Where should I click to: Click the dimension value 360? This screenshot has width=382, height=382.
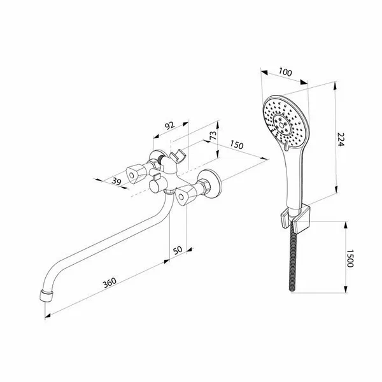click(x=110, y=283)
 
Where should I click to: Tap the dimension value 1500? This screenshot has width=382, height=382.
click(x=350, y=258)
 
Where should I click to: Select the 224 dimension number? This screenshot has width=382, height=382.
click(x=341, y=139)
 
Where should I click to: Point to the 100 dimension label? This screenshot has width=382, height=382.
click(x=285, y=72)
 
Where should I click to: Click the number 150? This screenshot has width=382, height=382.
click(x=236, y=145)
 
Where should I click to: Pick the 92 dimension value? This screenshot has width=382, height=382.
click(x=170, y=125)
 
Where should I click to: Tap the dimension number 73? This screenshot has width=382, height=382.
click(x=213, y=136)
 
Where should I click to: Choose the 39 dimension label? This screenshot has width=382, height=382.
click(x=117, y=181)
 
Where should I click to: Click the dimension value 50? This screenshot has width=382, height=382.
click(x=178, y=250)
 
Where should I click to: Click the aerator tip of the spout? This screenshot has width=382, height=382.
click(x=46, y=295)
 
